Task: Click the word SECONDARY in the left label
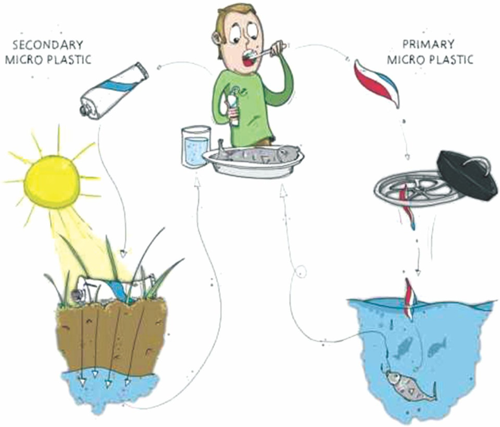(x=48, y=45)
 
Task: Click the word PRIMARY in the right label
(x=428, y=44)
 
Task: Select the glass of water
(x=195, y=147)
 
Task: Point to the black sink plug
(x=467, y=175)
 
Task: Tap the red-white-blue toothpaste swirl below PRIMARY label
(x=378, y=83)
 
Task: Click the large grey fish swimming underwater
(x=410, y=385)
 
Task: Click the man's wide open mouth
(x=248, y=58)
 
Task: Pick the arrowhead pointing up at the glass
(x=197, y=182)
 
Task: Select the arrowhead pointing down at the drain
(x=407, y=157)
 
